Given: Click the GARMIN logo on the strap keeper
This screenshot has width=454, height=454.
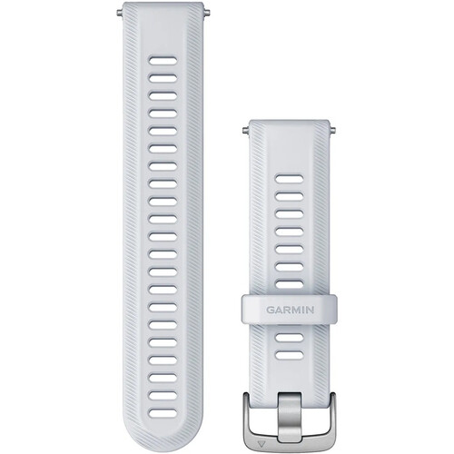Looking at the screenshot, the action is (290, 310).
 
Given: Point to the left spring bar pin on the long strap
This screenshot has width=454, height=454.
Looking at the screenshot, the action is (120, 13).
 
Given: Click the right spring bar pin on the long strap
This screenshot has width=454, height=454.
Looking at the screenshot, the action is (205, 13).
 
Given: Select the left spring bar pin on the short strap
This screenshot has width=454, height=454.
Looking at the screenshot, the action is (245, 131).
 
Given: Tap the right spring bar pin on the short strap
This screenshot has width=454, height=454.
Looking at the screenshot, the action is (332, 131).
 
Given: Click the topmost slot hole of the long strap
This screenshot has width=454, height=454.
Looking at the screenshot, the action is (163, 60).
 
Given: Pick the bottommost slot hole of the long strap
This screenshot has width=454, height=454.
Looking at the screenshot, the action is (163, 413).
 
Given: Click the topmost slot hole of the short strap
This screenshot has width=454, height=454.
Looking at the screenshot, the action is (290, 179).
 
